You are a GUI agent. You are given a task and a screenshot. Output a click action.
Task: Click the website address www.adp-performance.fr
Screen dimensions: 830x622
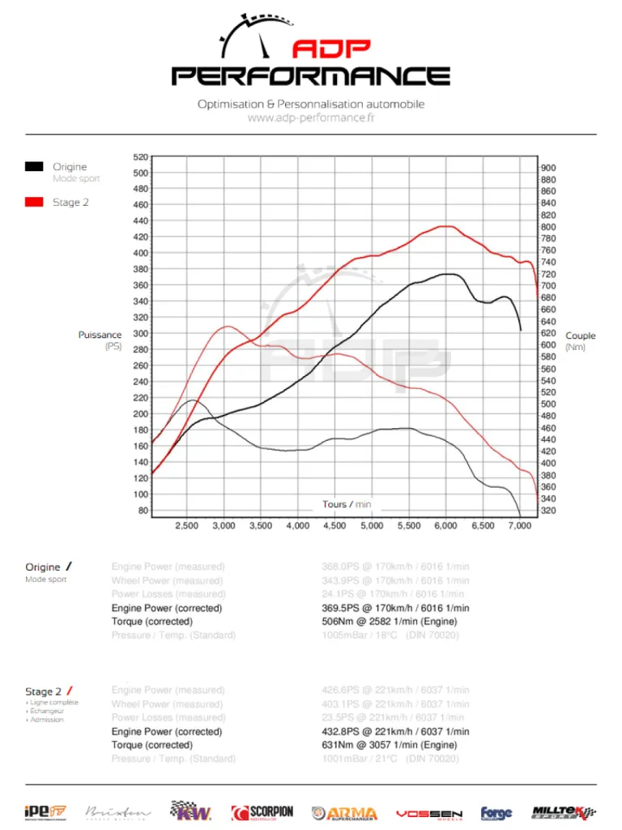point(310,118)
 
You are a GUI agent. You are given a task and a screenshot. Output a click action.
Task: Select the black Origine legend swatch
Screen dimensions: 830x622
point(34,166)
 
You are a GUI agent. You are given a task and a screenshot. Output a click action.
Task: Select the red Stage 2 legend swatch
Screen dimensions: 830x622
point(34,202)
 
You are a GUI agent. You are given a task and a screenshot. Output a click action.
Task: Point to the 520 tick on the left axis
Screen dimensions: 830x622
point(140,156)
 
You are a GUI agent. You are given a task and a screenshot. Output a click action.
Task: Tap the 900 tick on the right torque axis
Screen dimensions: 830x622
point(548,168)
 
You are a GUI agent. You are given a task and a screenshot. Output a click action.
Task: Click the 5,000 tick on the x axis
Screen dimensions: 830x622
point(372,525)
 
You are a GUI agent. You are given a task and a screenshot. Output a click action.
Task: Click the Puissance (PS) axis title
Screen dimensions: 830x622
point(100,340)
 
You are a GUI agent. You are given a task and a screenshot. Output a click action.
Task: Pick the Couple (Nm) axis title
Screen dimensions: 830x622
point(580,341)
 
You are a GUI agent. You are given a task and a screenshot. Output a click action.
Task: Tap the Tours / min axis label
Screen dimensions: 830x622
point(347,504)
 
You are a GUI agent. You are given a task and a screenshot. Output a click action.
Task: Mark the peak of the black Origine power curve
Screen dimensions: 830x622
point(448,274)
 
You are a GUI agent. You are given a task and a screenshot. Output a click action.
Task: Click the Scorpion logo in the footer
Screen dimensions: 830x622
point(262,812)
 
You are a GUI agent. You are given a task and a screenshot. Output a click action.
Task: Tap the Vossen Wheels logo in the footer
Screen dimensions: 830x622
point(428,813)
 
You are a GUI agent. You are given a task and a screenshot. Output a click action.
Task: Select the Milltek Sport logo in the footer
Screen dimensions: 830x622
point(564,812)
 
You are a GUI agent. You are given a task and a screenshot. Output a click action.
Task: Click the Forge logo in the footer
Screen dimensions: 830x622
point(496,813)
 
